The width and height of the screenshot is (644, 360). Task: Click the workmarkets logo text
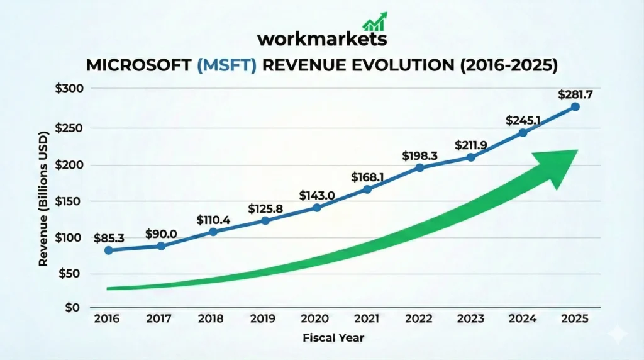321,38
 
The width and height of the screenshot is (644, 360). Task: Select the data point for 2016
109,250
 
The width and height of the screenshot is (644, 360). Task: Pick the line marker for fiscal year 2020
317,208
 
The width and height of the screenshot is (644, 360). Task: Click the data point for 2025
575,107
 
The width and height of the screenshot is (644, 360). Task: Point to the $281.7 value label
575,94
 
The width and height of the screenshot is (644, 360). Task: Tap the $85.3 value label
109,239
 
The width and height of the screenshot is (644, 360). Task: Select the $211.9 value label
471,145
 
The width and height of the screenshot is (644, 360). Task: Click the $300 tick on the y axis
69,88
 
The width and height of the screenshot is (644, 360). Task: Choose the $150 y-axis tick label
69,202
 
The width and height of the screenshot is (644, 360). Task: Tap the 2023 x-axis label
471,319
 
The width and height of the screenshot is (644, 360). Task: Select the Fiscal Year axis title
333,338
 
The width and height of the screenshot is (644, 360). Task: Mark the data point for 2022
419,167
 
